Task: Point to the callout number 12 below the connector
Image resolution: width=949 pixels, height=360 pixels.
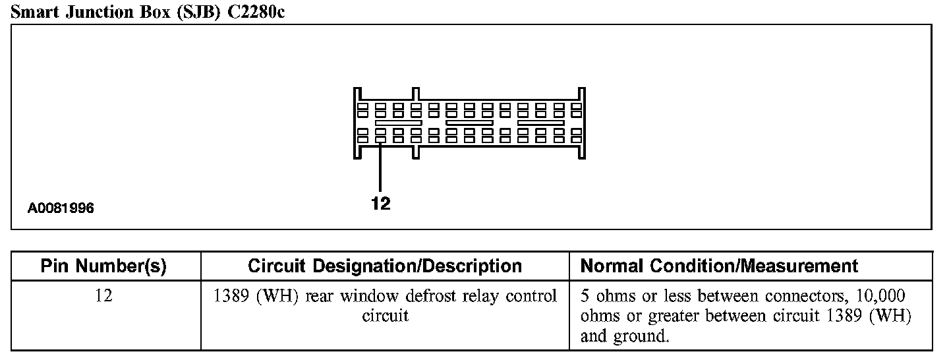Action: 381,204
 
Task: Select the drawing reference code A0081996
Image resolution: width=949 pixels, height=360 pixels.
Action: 61,208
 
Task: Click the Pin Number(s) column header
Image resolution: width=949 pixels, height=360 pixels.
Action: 103,266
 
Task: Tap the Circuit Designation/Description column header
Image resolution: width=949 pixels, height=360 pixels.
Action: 385,266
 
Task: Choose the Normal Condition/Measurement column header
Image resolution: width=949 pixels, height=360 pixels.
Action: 719,266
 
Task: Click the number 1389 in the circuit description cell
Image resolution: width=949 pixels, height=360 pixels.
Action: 231,297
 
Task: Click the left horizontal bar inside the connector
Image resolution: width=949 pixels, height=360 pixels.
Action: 398,123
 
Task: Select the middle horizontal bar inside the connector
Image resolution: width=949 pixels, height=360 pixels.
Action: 469,123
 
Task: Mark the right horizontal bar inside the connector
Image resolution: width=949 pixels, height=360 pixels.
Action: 540,123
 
